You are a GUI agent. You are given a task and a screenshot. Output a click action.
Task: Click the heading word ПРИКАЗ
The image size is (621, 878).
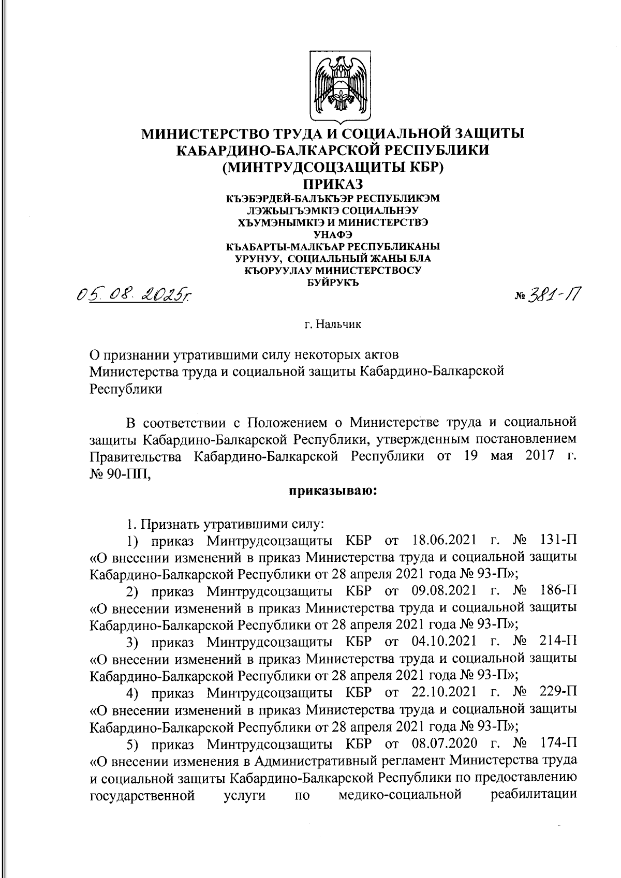pos(333,184)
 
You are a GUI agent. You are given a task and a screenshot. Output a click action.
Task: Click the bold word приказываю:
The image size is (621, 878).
pos(333,491)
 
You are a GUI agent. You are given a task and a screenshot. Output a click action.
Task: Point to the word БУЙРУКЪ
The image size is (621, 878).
pos(333,282)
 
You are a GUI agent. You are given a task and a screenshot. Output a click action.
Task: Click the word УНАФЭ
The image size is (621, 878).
pos(333,234)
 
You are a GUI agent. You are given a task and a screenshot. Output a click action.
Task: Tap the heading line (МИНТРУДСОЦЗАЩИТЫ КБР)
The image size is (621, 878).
pos(333,167)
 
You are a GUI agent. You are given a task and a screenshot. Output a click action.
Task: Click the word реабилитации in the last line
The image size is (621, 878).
pos(534,794)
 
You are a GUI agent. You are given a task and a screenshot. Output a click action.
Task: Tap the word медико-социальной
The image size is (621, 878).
pos(399,794)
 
